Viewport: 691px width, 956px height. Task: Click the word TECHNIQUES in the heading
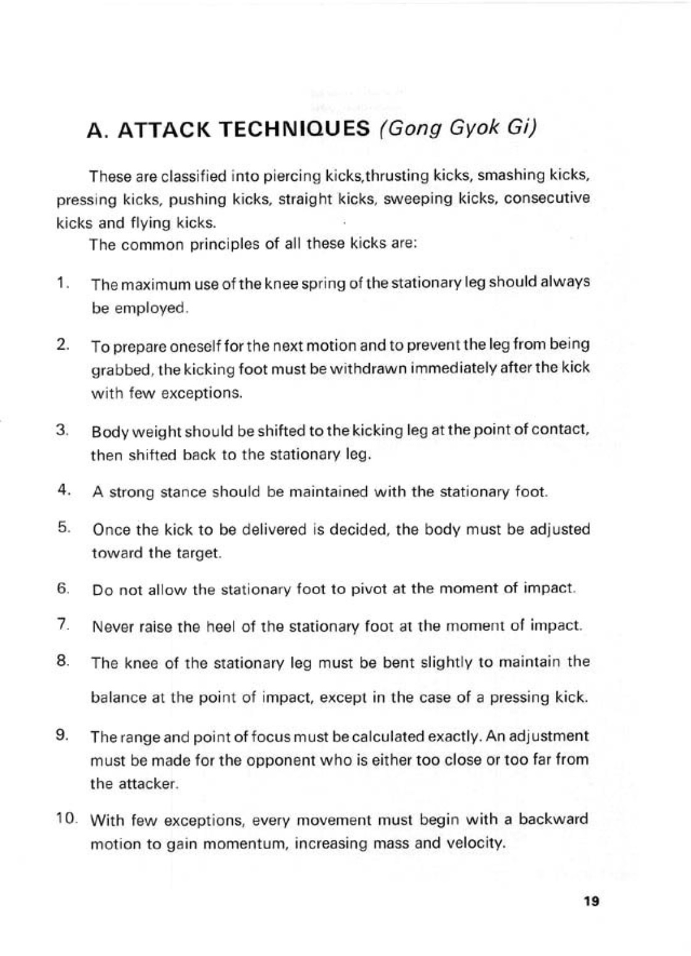click(295, 129)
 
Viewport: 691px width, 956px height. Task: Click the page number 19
click(590, 902)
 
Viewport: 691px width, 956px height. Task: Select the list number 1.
click(61, 283)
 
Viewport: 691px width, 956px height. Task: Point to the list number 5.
click(63, 528)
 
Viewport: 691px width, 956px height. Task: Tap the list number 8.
click(62, 661)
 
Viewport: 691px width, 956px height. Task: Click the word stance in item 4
click(183, 492)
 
